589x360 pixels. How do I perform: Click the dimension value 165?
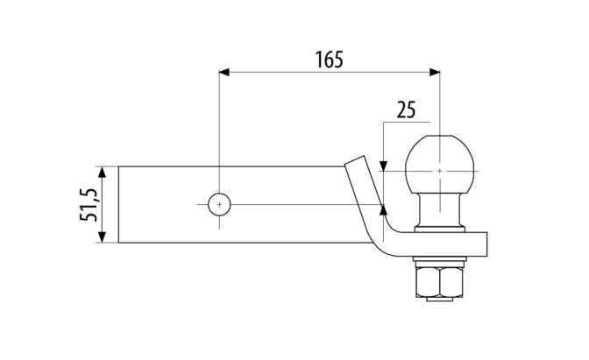click(329, 60)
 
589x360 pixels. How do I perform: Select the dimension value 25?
click(406, 109)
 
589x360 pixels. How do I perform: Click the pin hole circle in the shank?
click(218, 204)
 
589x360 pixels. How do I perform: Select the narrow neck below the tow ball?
click(441, 211)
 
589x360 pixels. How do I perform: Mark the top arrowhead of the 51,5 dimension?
click(103, 173)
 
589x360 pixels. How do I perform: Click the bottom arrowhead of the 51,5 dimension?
click(103, 237)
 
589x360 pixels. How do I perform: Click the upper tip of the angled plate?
click(353, 160)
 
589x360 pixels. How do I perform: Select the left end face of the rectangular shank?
click(119, 205)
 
